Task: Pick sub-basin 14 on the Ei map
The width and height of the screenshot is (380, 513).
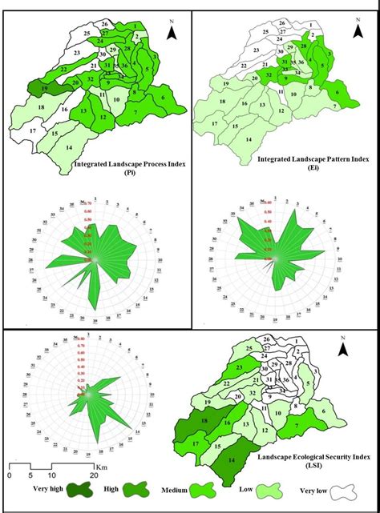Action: pos(251,139)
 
